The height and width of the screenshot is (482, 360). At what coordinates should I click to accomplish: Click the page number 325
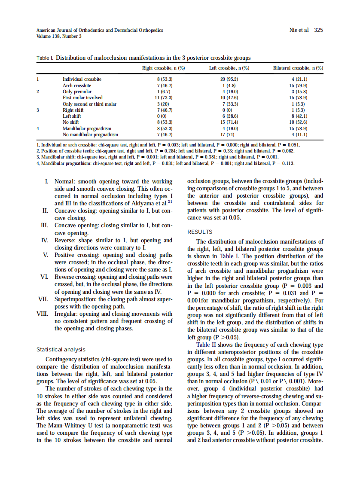pyautogui.click(x=318, y=30)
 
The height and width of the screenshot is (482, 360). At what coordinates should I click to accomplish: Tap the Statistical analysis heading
pyautogui.click(x=61, y=350)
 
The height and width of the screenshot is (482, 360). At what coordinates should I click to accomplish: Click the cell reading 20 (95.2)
pyautogui.click(x=229, y=79)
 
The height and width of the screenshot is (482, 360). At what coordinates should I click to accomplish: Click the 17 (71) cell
pyautogui.click(x=229, y=134)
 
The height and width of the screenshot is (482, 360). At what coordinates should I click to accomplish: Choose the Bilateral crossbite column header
pyautogui.click(x=298, y=68)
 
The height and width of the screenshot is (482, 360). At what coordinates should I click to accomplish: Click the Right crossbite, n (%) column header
pyautogui.click(x=163, y=68)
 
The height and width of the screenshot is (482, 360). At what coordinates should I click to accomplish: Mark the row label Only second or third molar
pyautogui.click(x=89, y=104)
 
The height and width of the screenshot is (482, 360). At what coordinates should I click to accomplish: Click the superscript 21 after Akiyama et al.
pyautogui.click(x=170, y=201)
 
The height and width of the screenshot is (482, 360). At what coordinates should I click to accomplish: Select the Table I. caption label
pyautogui.click(x=45, y=58)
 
